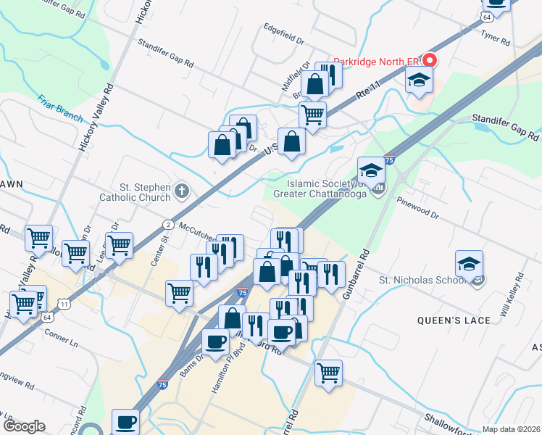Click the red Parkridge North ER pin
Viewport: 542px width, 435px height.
[x=430, y=60]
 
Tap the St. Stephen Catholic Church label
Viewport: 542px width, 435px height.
[x=135, y=191]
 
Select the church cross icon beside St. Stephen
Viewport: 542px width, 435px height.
[x=181, y=191]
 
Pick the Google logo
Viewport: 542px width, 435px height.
[x=23, y=426]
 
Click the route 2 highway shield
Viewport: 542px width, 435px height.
[x=167, y=225]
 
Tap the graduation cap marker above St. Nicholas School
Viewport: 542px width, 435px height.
[x=470, y=264]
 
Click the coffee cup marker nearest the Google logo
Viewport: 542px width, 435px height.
[x=125, y=420]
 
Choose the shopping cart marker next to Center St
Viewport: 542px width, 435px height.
[x=179, y=293]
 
